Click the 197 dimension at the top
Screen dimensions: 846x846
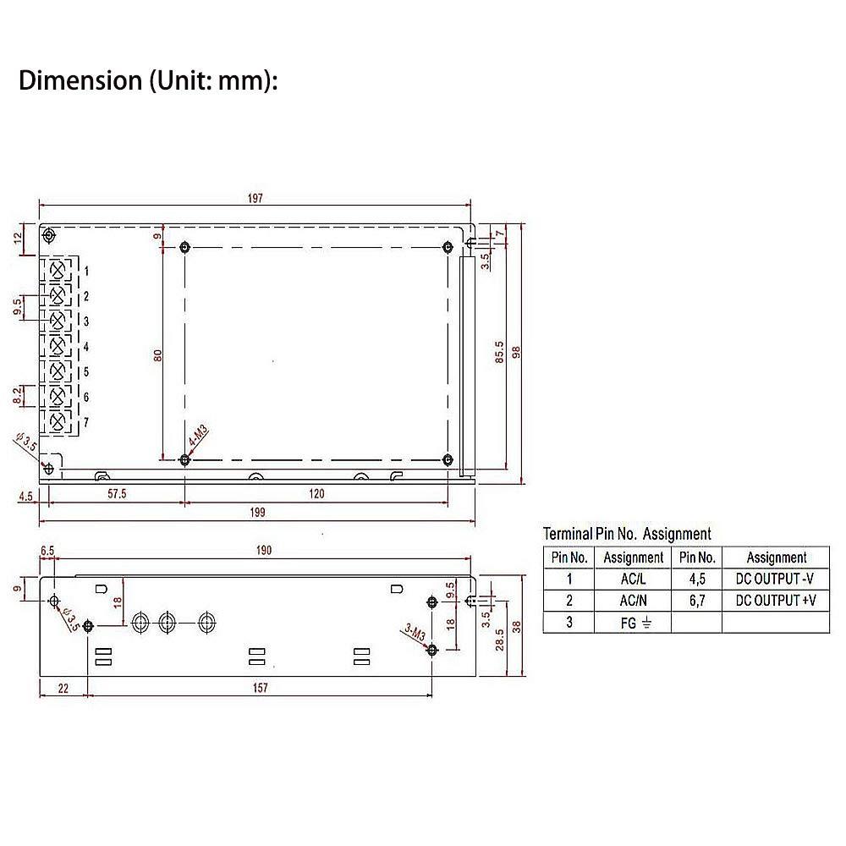pos(255,198)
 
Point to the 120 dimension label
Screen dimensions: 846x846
pos(316,493)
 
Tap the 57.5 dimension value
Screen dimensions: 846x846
pos(116,493)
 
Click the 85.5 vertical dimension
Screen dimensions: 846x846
pos(499,352)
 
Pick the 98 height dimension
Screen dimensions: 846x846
pos(517,350)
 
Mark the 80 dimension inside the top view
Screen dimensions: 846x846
pos(157,356)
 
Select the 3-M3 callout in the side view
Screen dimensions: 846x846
pos(415,633)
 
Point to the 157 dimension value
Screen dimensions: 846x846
pos(260,688)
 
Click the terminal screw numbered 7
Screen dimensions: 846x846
pos(58,421)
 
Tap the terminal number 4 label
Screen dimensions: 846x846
pos(86,347)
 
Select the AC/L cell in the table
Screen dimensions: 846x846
pos(633,580)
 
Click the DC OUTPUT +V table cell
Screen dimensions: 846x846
pos(776,601)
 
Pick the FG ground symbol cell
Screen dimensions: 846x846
pos(633,624)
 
